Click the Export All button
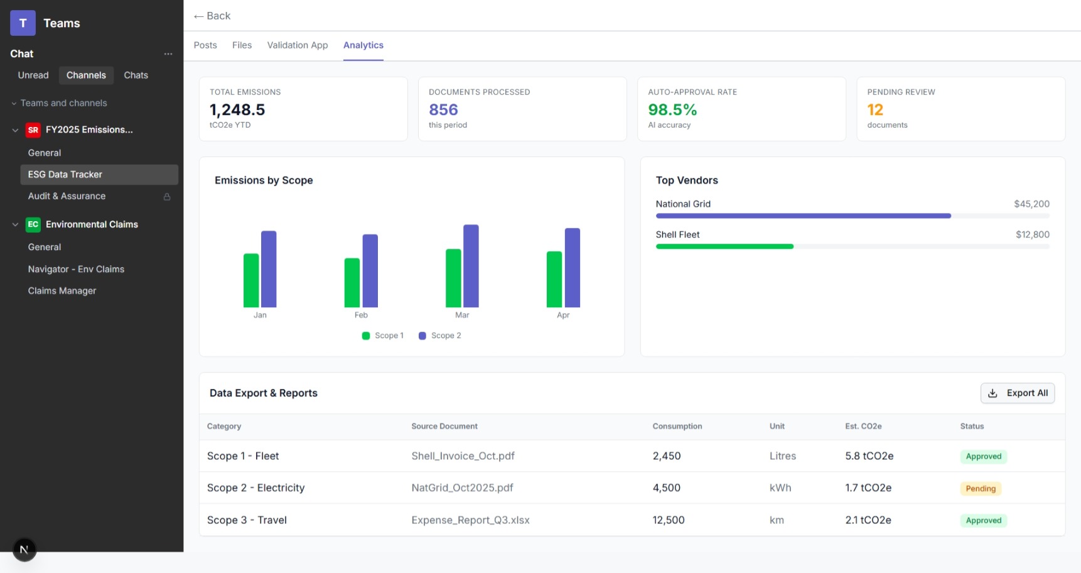pyautogui.click(x=1017, y=393)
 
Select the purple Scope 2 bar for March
pyautogui.click(x=471, y=266)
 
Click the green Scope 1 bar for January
pyautogui.click(x=251, y=280)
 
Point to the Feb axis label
pyautogui.click(x=361, y=315)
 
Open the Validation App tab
pyautogui.click(x=298, y=45)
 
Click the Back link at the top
pyautogui.click(x=212, y=16)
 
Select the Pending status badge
pyautogui.click(x=980, y=489)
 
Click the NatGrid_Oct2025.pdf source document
pyautogui.click(x=462, y=488)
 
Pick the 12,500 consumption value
pyautogui.click(x=668, y=520)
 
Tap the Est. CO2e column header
pyautogui.click(x=863, y=427)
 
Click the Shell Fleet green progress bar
pyautogui.click(x=724, y=247)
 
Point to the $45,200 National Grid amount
pyautogui.click(x=1031, y=204)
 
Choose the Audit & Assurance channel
pyautogui.click(x=67, y=196)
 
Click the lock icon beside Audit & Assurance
pyautogui.click(x=167, y=197)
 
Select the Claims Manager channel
pyautogui.click(x=62, y=291)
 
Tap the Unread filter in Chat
pyautogui.click(x=33, y=75)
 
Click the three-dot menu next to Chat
pyautogui.click(x=168, y=54)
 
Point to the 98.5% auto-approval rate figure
pyautogui.click(x=672, y=110)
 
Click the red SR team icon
pyautogui.click(x=33, y=130)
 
